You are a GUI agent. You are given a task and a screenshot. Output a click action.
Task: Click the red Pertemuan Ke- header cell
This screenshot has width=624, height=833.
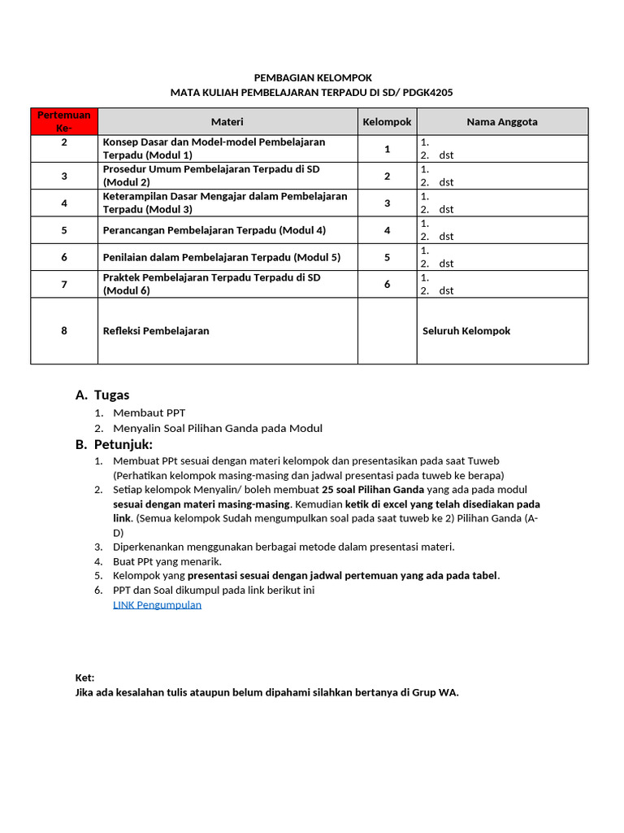pos(64,121)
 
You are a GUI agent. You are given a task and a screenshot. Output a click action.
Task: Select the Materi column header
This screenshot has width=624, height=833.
pos(227,121)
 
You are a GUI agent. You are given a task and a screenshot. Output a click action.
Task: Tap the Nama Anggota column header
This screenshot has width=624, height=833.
pos(501,121)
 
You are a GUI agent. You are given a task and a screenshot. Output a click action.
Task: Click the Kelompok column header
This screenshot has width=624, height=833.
pos(387,121)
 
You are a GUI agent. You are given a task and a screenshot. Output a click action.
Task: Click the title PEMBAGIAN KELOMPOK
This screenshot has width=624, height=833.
pos(313,77)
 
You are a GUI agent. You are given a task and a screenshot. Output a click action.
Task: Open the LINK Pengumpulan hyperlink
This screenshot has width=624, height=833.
pos(157,604)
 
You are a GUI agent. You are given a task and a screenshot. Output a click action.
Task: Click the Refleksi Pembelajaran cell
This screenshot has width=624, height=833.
pos(156,331)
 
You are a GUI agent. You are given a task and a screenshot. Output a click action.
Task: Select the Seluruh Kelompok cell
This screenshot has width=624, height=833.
pos(466,331)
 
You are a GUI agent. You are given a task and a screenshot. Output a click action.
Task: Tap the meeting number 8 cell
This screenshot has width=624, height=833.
pos(64,331)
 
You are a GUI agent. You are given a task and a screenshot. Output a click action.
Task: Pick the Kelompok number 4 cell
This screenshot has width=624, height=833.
pos(387,230)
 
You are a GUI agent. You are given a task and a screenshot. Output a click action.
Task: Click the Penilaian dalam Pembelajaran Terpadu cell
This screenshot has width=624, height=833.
pos(221,257)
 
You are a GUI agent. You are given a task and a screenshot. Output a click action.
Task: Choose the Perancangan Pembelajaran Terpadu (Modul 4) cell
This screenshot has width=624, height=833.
pos(214,230)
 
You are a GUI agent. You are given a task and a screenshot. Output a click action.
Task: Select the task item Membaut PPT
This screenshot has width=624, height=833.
pos(149,412)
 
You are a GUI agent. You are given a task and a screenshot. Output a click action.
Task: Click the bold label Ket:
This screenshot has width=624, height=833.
pos(84,678)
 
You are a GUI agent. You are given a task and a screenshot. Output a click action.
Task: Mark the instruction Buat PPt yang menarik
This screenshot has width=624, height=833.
pos(167,561)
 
